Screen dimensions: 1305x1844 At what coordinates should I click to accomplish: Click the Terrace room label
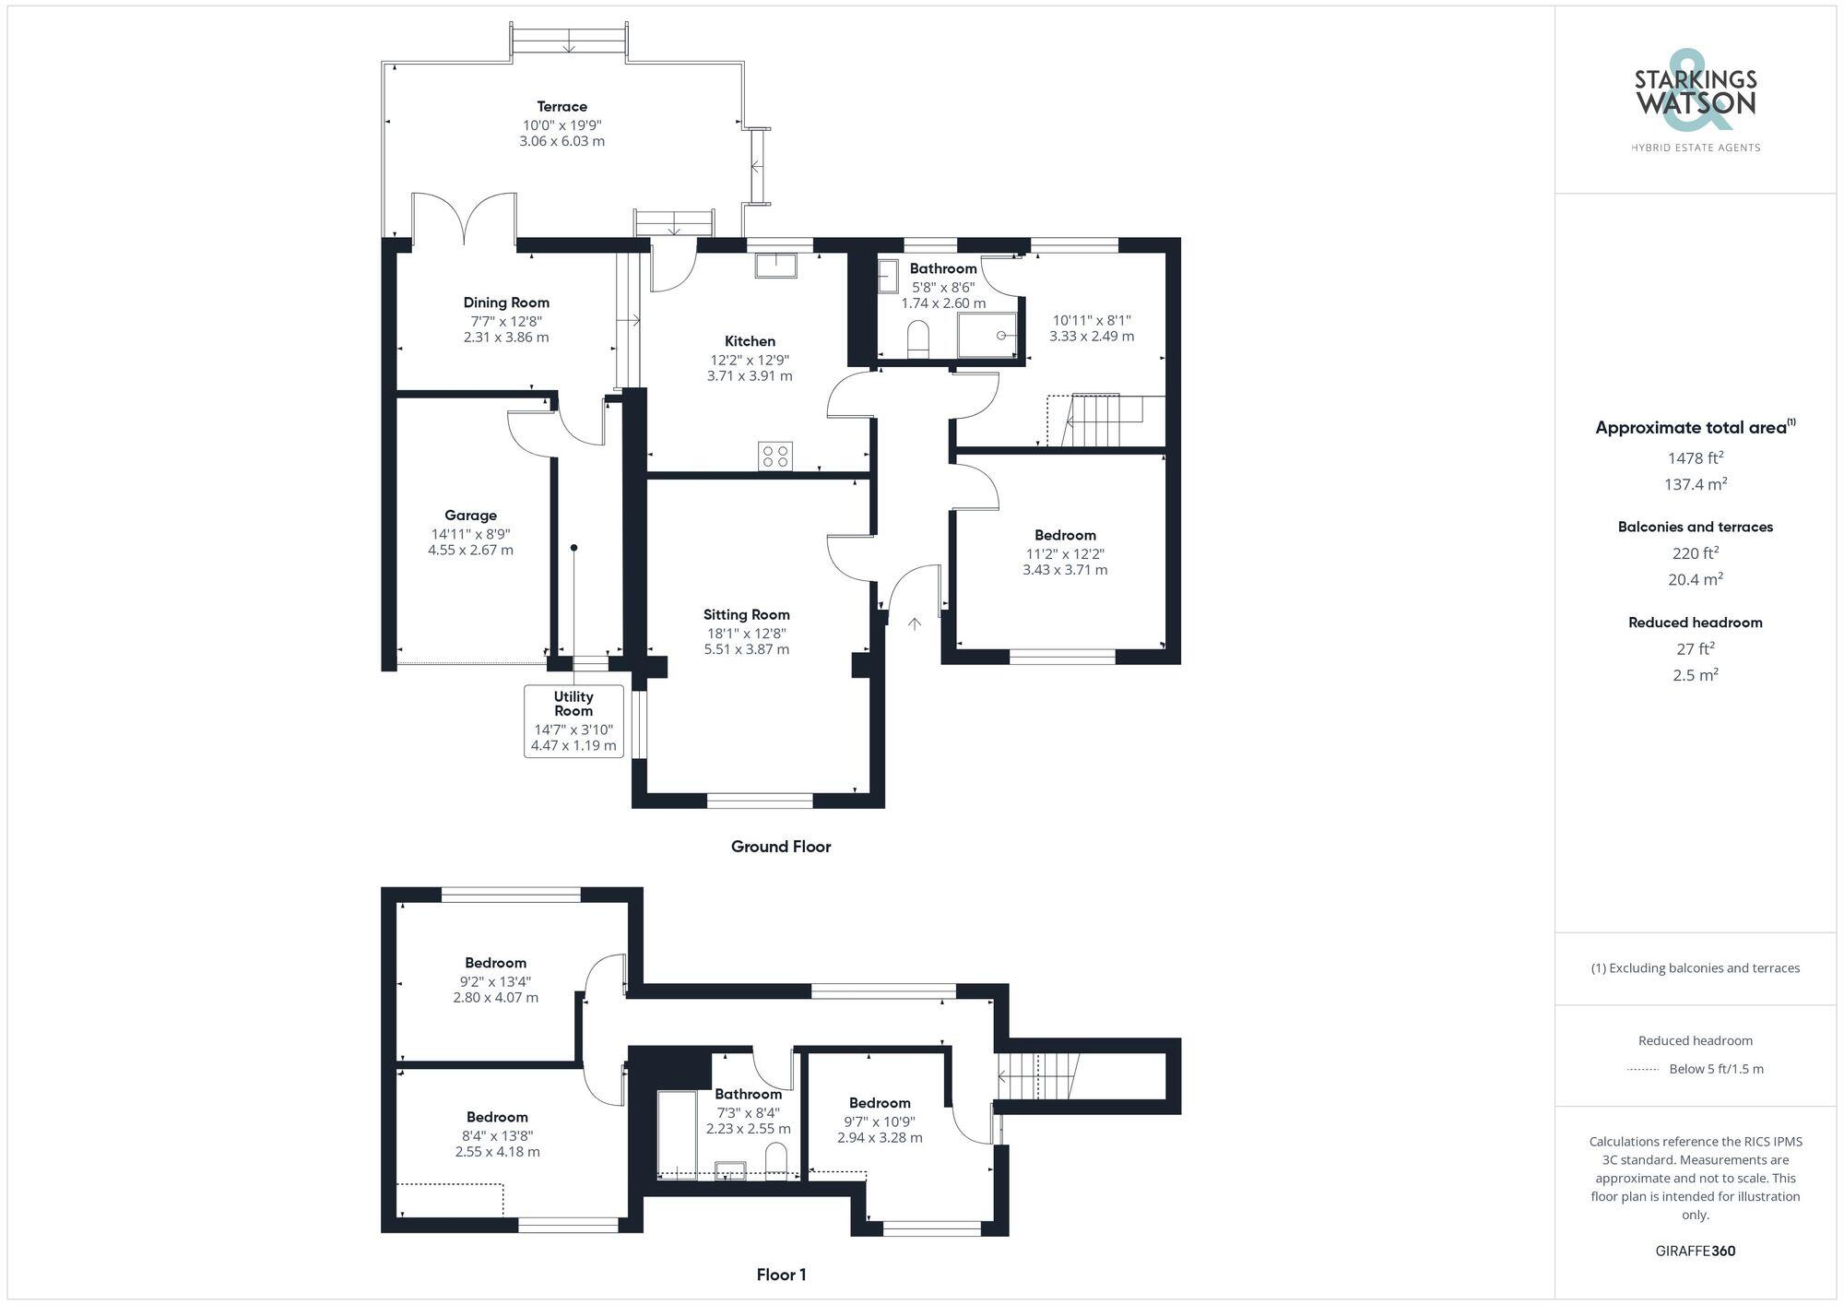tap(561, 107)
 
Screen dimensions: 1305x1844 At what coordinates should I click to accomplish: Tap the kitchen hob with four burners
tap(774, 457)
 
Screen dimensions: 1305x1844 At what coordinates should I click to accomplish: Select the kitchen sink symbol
tap(775, 266)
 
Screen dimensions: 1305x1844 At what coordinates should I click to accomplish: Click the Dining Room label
tap(506, 303)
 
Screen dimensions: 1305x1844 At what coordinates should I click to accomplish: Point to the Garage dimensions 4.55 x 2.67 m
tap(470, 551)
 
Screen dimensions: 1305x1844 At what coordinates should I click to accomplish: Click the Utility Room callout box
tap(573, 721)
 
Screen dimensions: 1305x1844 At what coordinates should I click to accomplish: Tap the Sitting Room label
tap(746, 615)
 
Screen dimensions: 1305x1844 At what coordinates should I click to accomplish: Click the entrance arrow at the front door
tap(914, 624)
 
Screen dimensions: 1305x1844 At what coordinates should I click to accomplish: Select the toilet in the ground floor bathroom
tap(918, 338)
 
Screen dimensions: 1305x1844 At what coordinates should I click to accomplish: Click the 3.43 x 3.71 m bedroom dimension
tap(1065, 571)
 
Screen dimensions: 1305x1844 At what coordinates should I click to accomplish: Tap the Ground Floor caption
tap(780, 847)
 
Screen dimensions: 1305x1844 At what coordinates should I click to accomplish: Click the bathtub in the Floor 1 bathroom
tap(678, 1134)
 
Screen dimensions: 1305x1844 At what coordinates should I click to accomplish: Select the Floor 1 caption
tap(781, 1275)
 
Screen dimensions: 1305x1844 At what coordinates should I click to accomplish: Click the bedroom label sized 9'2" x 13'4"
tap(495, 963)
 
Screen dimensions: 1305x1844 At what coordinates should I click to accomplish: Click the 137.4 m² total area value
tap(1695, 484)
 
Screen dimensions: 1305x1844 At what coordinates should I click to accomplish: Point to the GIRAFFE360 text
tap(1695, 1252)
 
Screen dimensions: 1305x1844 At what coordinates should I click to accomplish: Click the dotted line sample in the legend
tap(1643, 1070)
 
